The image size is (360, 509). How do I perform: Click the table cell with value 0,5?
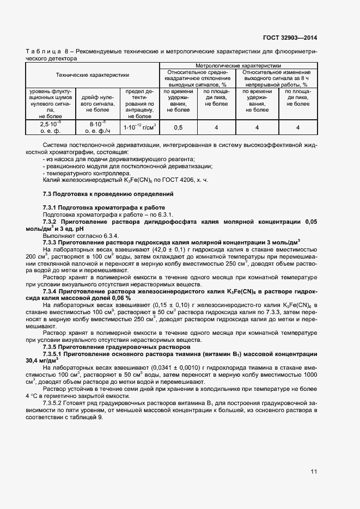178,127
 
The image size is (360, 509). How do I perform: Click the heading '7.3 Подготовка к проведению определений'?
108,194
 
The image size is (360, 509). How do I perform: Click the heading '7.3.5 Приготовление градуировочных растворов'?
117,347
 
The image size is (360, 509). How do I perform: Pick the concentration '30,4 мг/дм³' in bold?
41,360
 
